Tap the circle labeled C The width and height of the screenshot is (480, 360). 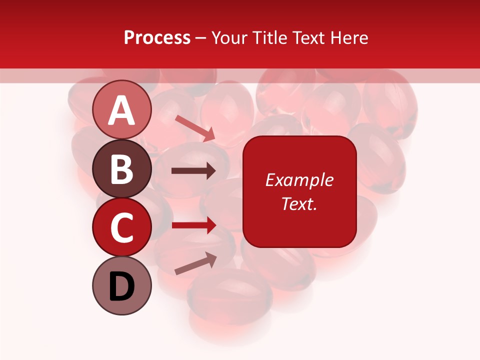pyautogui.click(x=122, y=227)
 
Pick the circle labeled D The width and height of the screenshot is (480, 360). pyautogui.click(x=122, y=285)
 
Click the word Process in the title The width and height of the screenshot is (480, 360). pyautogui.click(x=157, y=37)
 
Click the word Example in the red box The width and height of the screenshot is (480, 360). pyautogui.click(x=299, y=180)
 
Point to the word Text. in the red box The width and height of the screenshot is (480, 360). pyautogui.click(x=299, y=203)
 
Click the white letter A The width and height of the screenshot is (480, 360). pyautogui.click(x=122, y=110)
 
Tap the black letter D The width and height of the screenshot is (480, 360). pyautogui.click(x=122, y=287)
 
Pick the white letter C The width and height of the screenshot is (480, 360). pyautogui.click(x=122, y=228)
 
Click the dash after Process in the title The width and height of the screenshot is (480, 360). pyautogui.click(x=201, y=38)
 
